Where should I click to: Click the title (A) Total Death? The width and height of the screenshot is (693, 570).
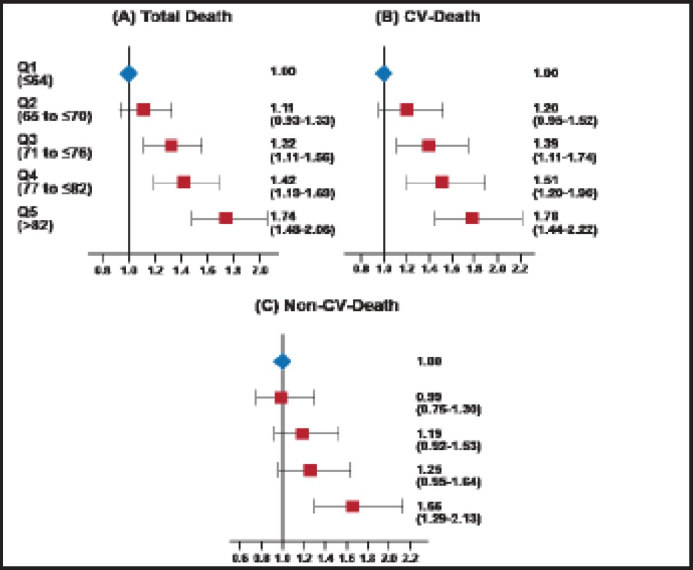click(172, 16)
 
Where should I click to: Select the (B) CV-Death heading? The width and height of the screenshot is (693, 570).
click(427, 16)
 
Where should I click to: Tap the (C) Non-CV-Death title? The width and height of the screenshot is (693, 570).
click(326, 305)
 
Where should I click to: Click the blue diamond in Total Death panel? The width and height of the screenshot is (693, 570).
click(128, 74)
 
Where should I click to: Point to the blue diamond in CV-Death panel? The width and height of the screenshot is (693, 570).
click(383, 74)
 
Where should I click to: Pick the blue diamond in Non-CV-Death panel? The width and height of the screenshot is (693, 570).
click(282, 362)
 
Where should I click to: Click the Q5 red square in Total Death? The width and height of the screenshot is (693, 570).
click(226, 218)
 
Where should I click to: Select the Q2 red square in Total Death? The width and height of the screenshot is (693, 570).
click(143, 110)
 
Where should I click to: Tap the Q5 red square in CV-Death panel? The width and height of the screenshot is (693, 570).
click(472, 218)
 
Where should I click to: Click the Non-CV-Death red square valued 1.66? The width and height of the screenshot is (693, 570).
click(352, 507)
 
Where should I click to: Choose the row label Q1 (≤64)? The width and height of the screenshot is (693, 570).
click(35, 74)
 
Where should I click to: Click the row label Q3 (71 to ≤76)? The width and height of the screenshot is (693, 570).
click(54, 147)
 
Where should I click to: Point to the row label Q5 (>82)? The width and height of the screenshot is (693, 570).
click(35, 219)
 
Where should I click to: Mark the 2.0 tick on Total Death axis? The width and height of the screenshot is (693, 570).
click(260, 269)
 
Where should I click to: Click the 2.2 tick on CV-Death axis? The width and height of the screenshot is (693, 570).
click(520, 269)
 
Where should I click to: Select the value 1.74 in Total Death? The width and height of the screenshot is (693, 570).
click(283, 216)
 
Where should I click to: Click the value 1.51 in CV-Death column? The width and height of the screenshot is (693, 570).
click(546, 180)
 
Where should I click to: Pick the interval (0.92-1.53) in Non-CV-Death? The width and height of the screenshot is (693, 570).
click(448, 446)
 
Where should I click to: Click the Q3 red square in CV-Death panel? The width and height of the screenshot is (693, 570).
click(428, 146)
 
